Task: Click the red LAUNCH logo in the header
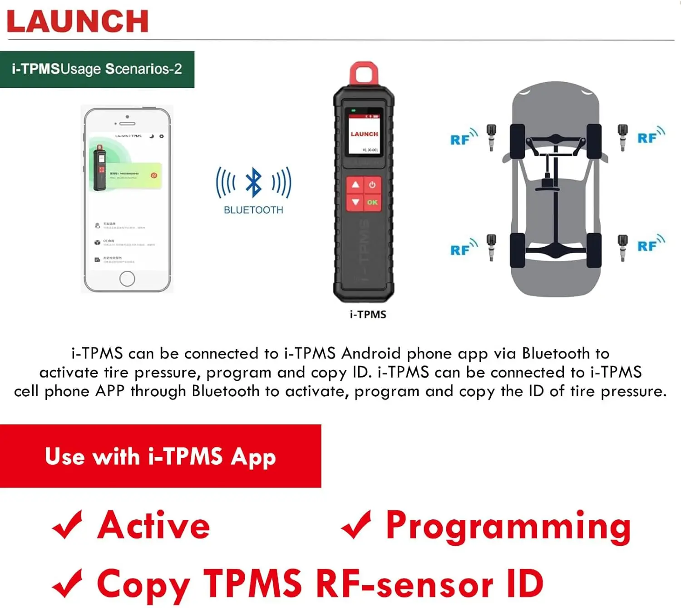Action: click(78, 21)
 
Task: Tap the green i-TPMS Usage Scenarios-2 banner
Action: click(97, 69)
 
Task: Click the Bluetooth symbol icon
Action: click(253, 183)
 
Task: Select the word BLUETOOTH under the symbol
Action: click(253, 210)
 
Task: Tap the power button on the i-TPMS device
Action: click(372, 185)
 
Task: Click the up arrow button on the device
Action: click(355, 185)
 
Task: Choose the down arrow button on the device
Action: click(355, 202)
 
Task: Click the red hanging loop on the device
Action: click(364, 73)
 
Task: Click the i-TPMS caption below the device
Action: click(368, 314)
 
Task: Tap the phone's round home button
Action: click(127, 278)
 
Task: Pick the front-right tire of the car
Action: click(594, 141)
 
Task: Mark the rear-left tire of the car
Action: click(518, 249)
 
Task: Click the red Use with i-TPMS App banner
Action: click(160, 456)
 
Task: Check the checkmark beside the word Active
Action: click(67, 525)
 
